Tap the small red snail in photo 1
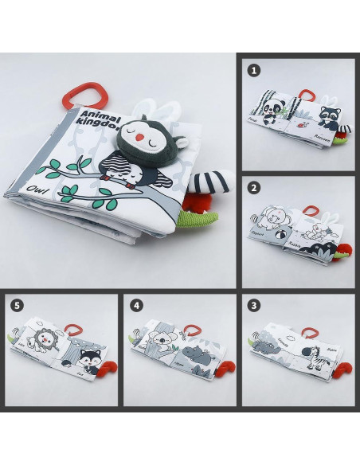[300, 124]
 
